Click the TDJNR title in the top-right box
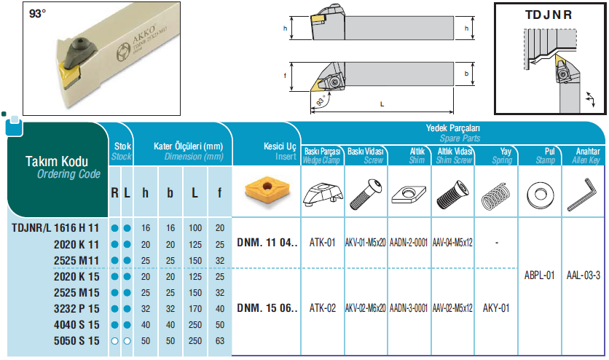click(x=549, y=15)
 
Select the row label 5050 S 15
click(x=76, y=341)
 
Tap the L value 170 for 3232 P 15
click(x=195, y=309)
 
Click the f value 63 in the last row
click(x=220, y=341)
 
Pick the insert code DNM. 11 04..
click(x=267, y=243)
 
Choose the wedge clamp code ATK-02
click(x=323, y=308)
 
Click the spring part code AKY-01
click(x=496, y=308)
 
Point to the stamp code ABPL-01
click(x=540, y=275)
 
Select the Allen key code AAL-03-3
click(x=584, y=275)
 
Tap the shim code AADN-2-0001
click(x=409, y=243)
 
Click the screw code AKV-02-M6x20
click(x=366, y=308)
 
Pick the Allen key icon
click(x=583, y=194)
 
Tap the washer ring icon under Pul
click(x=540, y=194)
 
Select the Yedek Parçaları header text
click(x=453, y=128)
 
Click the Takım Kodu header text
click(x=57, y=162)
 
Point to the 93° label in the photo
click(x=38, y=14)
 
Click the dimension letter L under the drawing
click(x=382, y=104)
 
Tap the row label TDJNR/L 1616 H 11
click(x=55, y=228)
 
